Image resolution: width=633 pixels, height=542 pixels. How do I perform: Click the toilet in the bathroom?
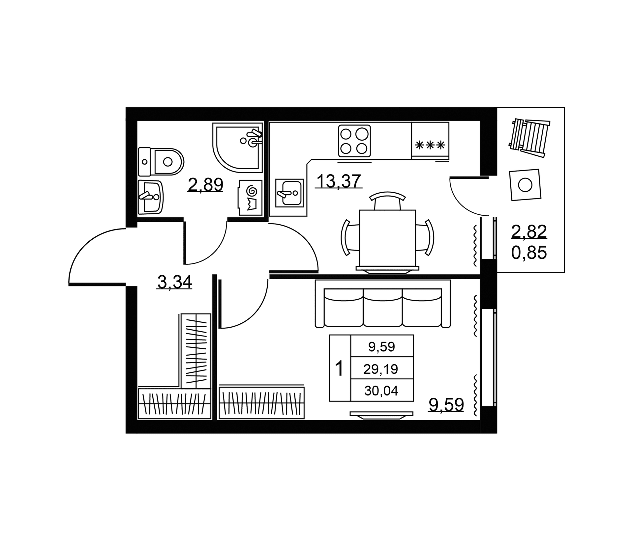pos(161,162)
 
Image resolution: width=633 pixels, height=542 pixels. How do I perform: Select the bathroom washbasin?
pos(151,197)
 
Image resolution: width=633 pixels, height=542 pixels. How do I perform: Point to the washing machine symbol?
pos(250,197)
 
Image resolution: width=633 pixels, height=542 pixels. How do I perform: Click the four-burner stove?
pos(354,141)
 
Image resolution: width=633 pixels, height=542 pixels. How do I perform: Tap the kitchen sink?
pos(289,193)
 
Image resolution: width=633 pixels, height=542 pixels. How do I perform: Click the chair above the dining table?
pos(387,201)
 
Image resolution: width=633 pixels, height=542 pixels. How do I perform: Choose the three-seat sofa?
pos(383,304)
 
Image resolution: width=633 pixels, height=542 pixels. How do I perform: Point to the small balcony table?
pos(525,185)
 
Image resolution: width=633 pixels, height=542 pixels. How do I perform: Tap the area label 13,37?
pos(339,181)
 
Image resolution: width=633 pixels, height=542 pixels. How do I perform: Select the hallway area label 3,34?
pos(174,282)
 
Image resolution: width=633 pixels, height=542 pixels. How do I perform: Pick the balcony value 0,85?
pos(529,253)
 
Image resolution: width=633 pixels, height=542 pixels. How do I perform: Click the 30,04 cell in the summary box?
pos(381,391)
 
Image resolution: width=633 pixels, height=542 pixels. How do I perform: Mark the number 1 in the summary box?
pos(339,368)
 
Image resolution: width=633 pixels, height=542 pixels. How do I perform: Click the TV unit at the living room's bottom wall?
pos(381,415)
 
